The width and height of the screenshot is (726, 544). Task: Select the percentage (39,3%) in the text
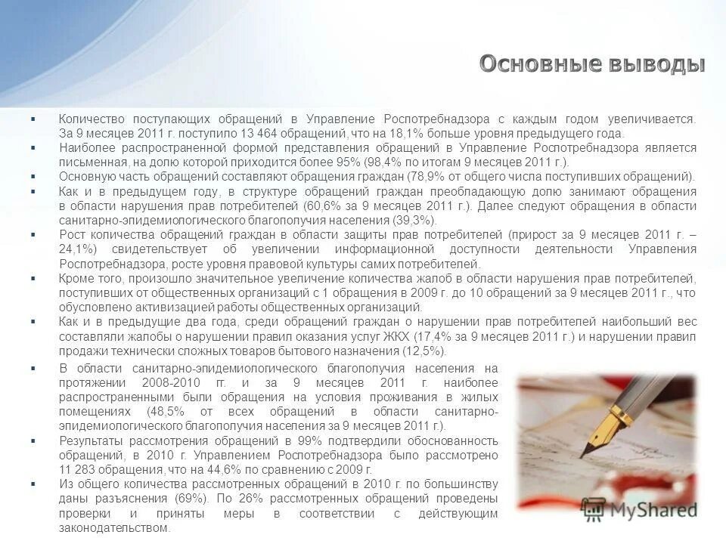click(412, 221)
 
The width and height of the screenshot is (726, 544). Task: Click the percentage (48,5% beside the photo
click(173, 412)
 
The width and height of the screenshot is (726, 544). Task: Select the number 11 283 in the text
click(81, 469)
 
